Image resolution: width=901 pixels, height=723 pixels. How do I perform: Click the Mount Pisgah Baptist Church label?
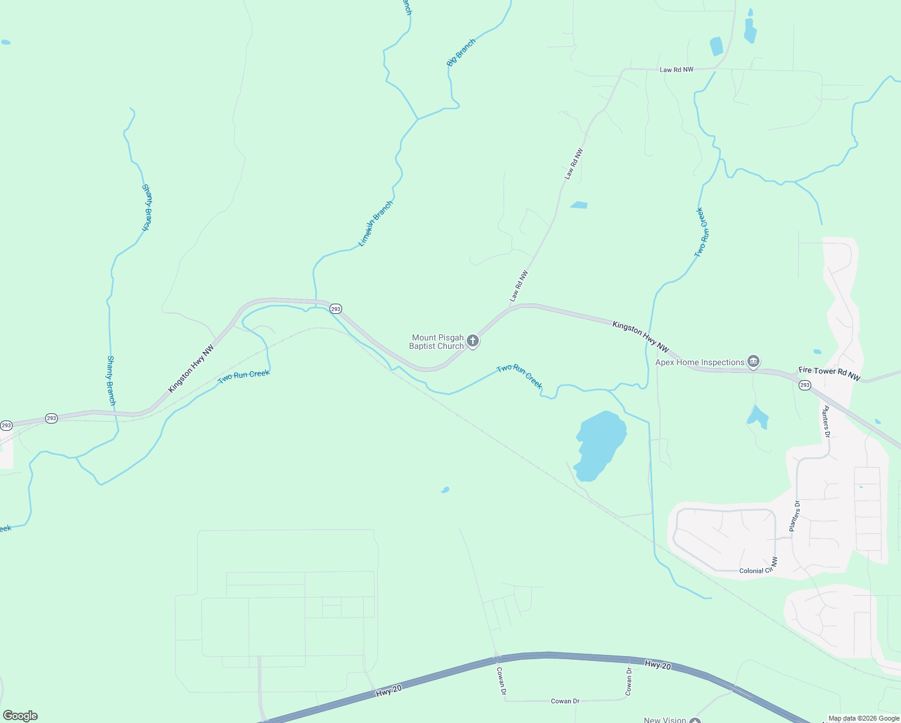437,342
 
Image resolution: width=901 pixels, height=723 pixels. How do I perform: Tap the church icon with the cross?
473,342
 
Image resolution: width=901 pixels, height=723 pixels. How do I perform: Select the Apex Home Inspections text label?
700,362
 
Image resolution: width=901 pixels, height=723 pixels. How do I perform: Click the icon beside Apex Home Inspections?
753,361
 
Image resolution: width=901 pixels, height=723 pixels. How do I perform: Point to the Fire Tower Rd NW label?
829,374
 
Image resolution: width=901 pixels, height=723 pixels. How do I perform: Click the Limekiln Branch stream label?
376,224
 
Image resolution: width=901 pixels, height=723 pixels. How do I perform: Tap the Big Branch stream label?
461,52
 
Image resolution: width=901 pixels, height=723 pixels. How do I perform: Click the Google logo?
20,716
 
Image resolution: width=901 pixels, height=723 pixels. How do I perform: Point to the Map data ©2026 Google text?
864,718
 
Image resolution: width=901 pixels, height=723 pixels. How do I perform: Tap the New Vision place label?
665,719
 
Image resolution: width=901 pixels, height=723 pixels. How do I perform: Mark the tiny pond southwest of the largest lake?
445,490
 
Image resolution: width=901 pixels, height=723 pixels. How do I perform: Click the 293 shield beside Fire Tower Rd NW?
805,385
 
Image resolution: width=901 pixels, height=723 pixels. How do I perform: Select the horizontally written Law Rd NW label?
676,70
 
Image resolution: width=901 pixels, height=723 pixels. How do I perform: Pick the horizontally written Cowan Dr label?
565,701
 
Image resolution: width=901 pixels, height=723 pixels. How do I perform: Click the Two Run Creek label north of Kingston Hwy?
702,233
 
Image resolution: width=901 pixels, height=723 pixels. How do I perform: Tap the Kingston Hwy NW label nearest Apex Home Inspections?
640,337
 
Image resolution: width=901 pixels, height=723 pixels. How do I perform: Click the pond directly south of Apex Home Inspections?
758,417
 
